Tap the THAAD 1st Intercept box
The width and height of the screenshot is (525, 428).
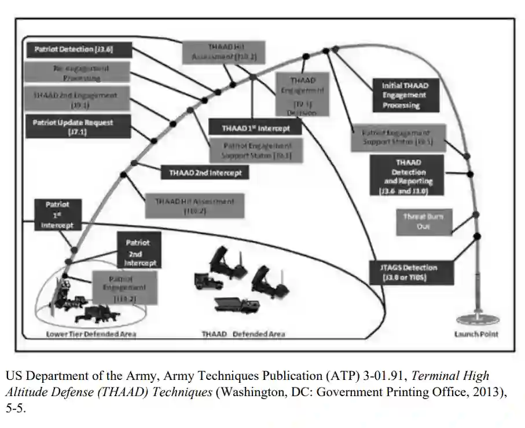pos(255,128)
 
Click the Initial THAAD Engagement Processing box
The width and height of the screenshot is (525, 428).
pos(405,95)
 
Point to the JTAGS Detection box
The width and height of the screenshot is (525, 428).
pos(412,272)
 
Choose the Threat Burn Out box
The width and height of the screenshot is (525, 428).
pos(423,222)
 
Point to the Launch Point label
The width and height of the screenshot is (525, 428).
pos(476,334)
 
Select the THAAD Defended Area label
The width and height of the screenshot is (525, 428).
pos(243,334)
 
